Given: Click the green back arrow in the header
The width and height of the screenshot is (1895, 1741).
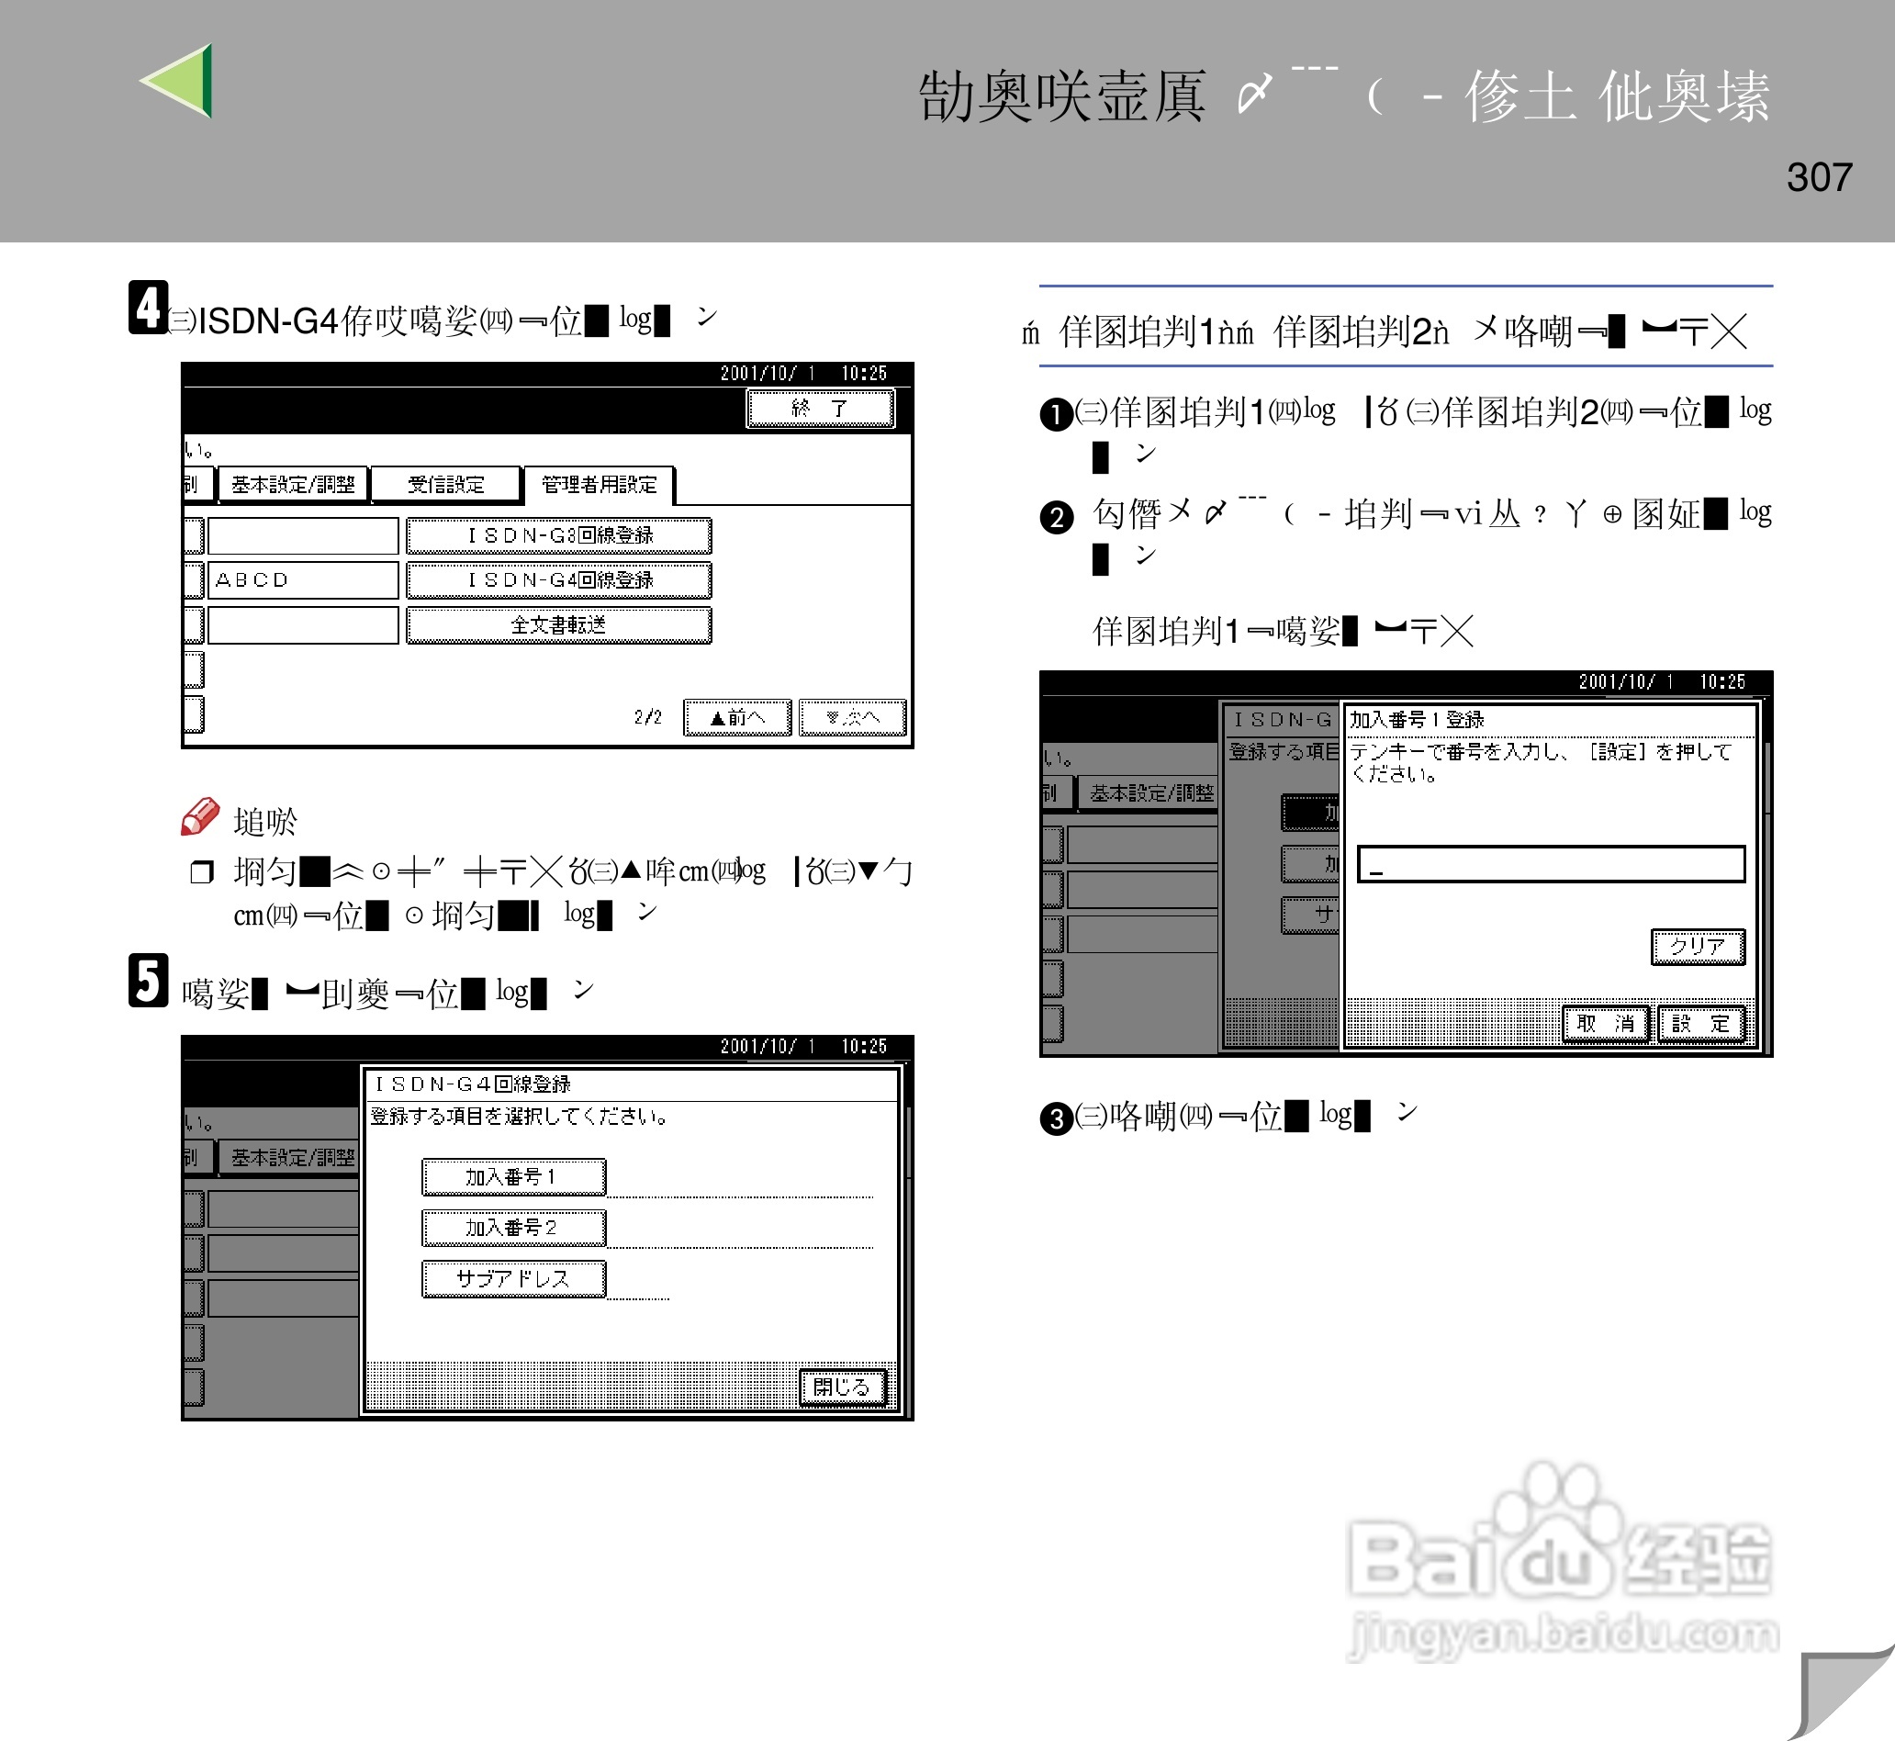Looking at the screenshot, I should click(x=179, y=81).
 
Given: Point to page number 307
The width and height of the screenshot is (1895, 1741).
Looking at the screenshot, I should click(x=1819, y=177).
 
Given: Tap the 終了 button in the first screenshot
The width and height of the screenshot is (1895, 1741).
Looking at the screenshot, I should click(x=819, y=408).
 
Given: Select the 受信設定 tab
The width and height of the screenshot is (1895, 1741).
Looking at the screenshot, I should click(x=445, y=484).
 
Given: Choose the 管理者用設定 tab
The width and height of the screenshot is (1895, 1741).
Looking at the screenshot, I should click(x=599, y=484).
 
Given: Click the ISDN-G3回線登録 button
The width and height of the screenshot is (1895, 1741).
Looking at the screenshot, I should click(x=558, y=535).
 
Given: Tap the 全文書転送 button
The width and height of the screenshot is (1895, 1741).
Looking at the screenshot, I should click(x=558, y=624).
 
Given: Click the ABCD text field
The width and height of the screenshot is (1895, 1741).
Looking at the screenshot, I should click(x=302, y=579).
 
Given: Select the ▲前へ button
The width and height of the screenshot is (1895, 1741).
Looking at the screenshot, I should click(x=736, y=717).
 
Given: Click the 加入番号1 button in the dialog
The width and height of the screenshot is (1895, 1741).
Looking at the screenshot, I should click(x=513, y=1176).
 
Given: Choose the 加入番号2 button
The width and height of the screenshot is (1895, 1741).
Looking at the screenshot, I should click(x=513, y=1228).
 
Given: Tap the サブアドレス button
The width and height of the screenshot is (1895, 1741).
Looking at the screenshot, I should click(x=513, y=1278).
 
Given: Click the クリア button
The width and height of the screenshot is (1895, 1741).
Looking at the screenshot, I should click(x=1698, y=946).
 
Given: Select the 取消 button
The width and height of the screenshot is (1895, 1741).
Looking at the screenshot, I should click(x=1605, y=1023).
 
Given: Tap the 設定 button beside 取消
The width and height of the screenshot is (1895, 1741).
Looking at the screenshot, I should click(x=1701, y=1023).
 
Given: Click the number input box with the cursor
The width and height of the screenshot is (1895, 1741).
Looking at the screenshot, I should click(x=1551, y=863).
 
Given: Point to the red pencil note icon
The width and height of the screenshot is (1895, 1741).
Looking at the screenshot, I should click(x=199, y=815).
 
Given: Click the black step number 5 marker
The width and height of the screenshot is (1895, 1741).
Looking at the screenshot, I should click(x=148, y=981).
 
